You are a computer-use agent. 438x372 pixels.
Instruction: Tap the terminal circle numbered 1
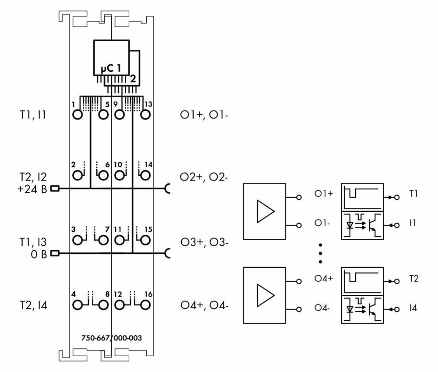[78, 115]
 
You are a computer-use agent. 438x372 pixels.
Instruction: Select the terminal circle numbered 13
[145, 115]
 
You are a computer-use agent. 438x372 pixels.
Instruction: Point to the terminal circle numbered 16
[145, 305]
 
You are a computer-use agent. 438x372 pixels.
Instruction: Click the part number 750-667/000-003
[111, 338]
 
